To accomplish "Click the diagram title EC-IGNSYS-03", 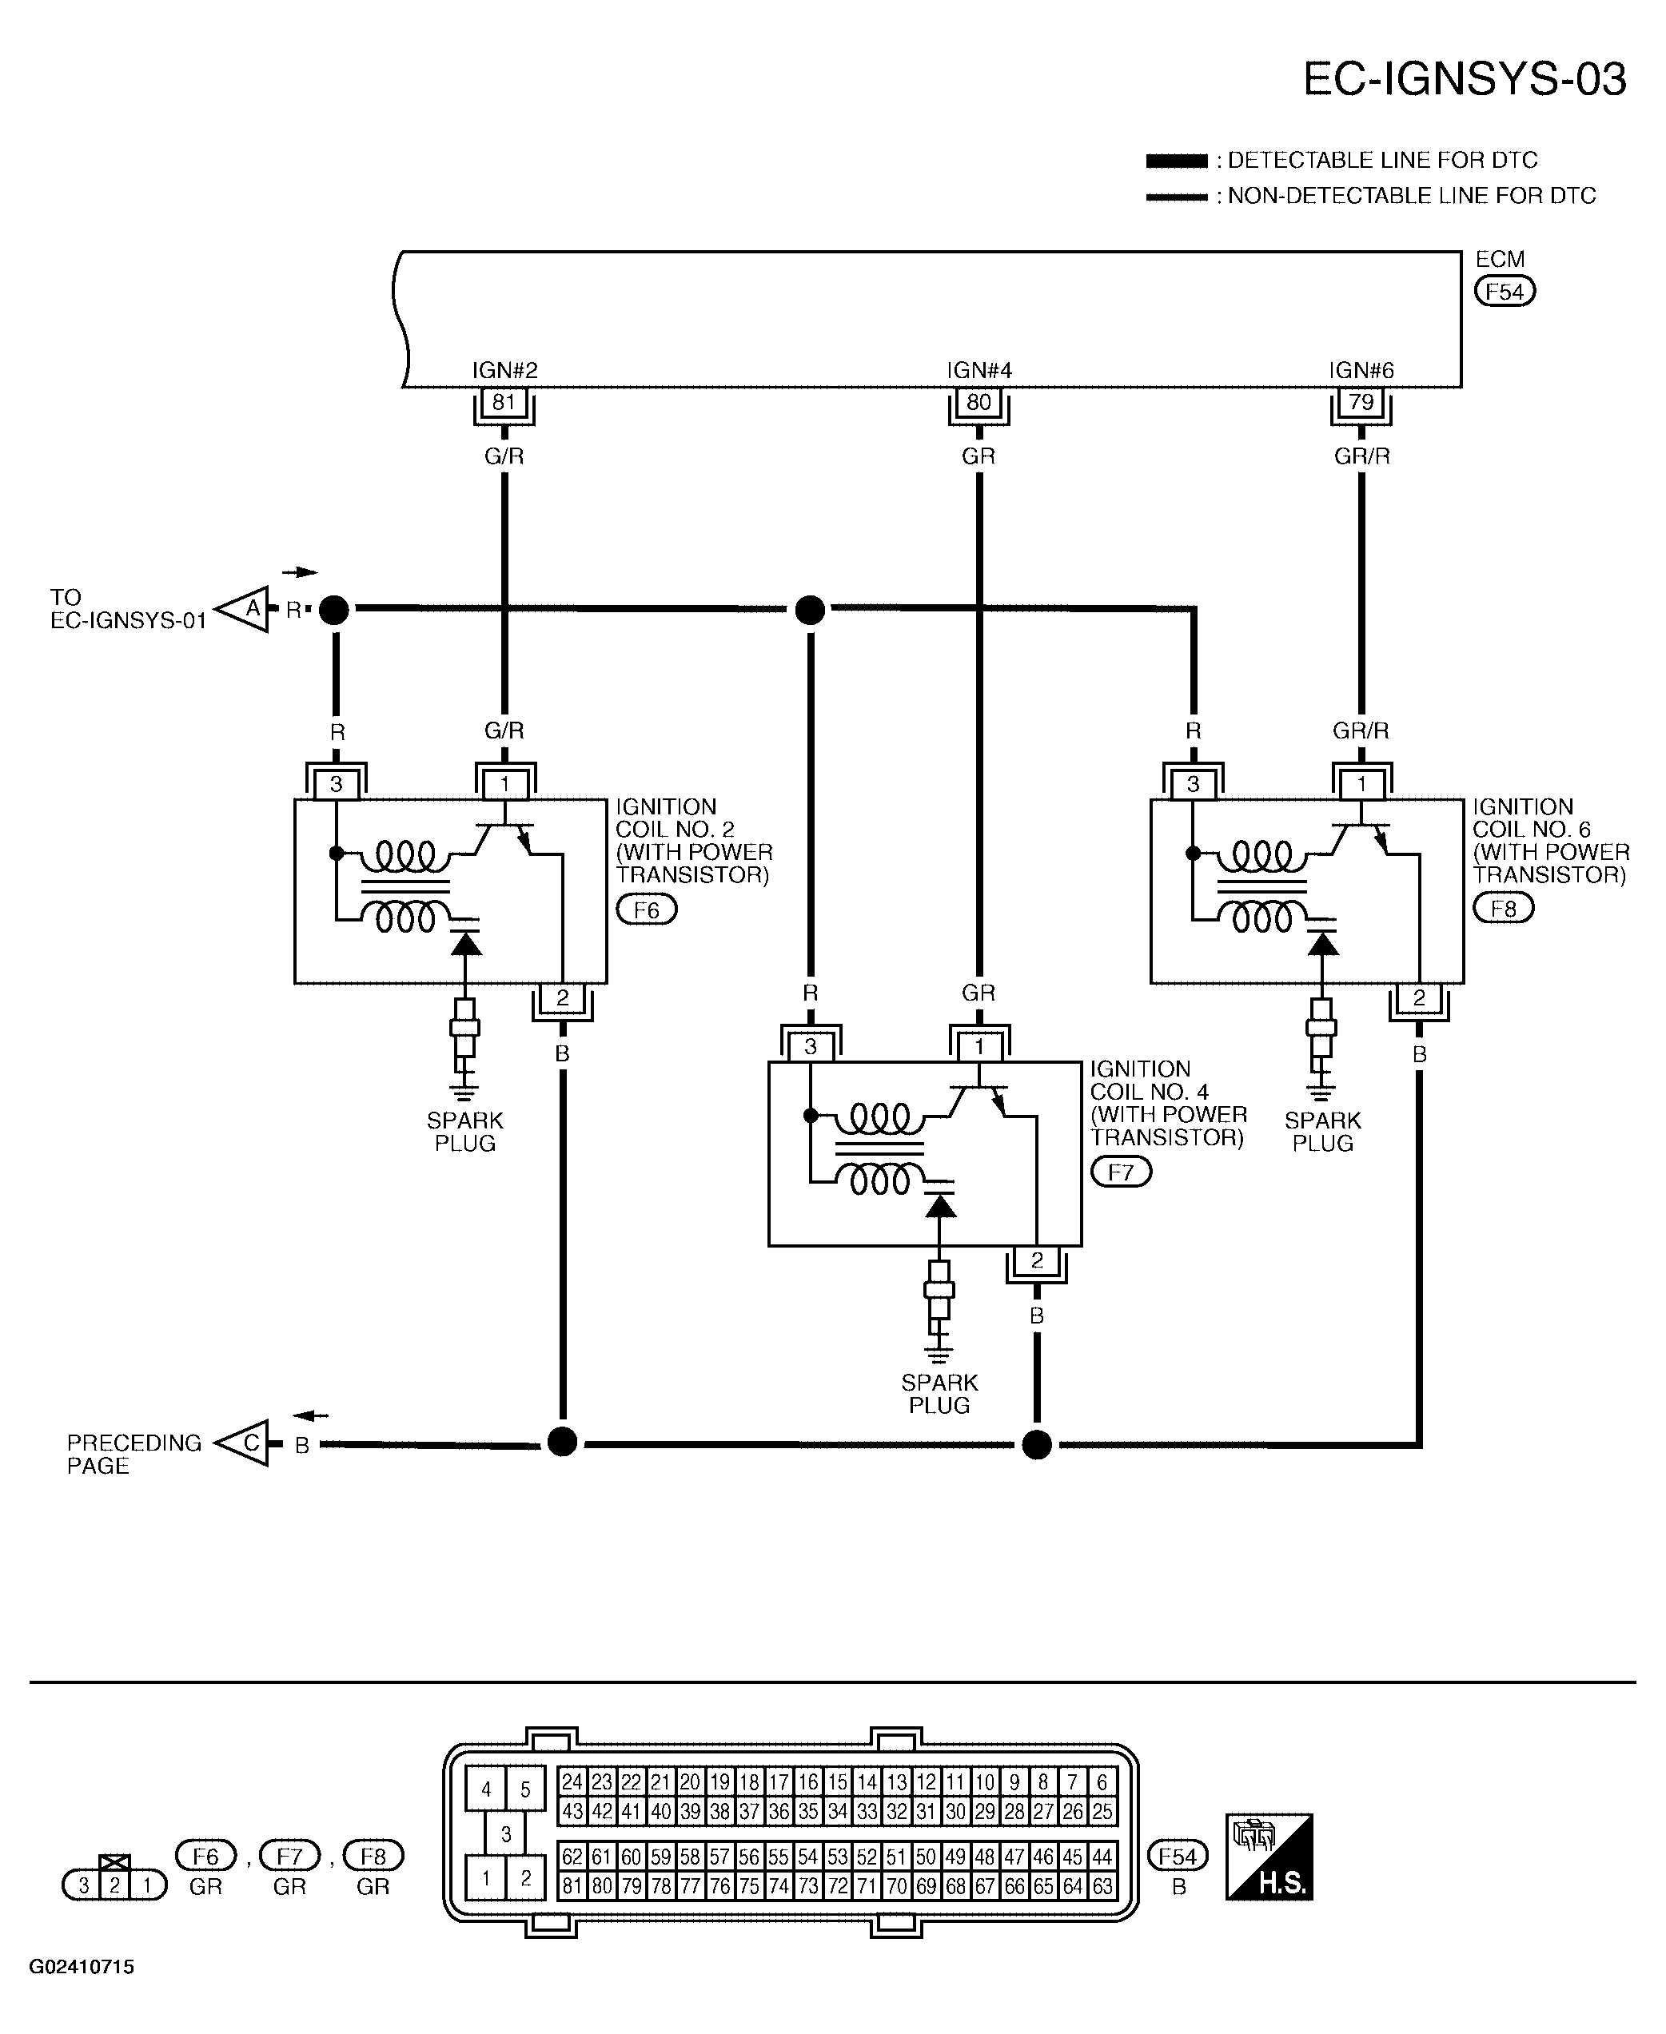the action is coord(1465,78).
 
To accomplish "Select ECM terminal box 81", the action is coord(504,403).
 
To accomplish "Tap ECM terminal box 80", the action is coord(978,403).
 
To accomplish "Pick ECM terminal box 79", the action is coord(1361,403).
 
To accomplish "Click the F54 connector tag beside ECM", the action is coord(1505,292).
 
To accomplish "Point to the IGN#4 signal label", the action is coord(978,370).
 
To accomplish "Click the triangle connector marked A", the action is coord(244,608).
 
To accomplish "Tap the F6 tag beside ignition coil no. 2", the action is coord(647,909).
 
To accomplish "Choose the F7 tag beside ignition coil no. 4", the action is coord(1121,1172).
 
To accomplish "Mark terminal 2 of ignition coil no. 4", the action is coord(1036,1260).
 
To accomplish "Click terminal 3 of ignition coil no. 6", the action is coord(1193,785).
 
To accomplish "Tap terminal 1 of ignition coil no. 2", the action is coord(504,785).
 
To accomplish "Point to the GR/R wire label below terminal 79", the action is coord(1361,456).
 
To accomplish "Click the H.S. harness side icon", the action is coord(1269,1857).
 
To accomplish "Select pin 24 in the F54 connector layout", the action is coord(572,1781).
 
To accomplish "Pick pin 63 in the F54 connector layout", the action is coord(1102,1886).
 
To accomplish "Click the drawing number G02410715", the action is coord(82,1967).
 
